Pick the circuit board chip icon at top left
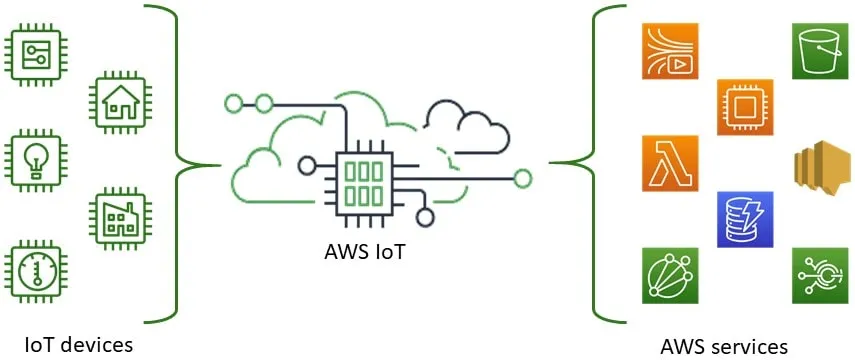[x=33, y=50]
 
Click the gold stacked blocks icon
[x=820, y=164]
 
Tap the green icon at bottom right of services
[x=820, y=275]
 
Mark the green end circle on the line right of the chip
[x=522, y=179]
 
